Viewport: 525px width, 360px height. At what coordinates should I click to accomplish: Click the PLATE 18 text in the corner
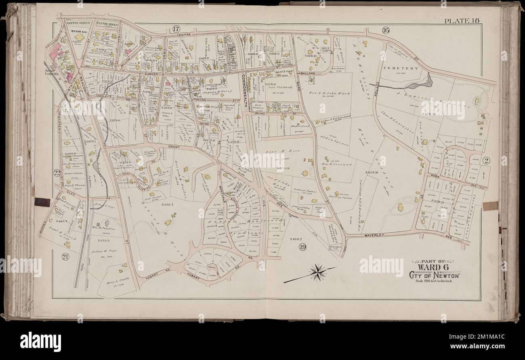tap(462, 21)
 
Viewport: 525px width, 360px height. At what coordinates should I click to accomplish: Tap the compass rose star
tap(318, 273)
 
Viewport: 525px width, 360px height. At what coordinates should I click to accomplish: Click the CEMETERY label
tap(402, 68)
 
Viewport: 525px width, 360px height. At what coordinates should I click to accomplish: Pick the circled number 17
tap(175, 29)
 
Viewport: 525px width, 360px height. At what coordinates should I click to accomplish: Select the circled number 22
tap(57, 173)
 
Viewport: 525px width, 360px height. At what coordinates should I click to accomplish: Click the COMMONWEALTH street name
tap(244, 86)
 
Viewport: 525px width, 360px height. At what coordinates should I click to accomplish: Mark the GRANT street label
tap(174, 147)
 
